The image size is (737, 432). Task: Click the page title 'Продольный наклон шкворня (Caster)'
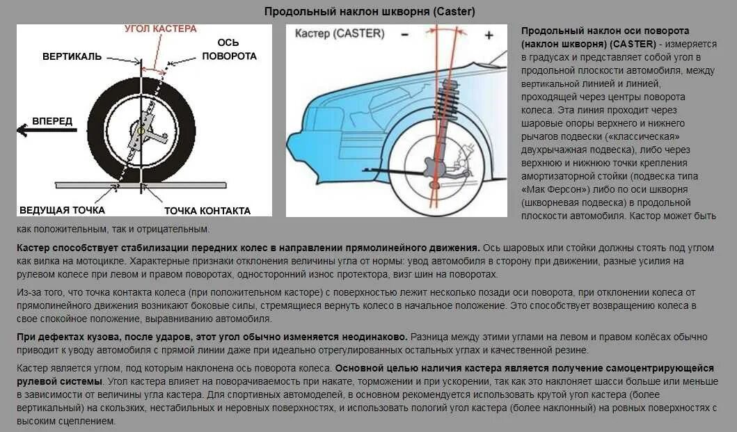click(x=370, y=12)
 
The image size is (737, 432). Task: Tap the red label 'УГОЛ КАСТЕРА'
click(x=161, y=29)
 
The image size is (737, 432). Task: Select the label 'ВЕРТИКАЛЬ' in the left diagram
click(x=71, y=56)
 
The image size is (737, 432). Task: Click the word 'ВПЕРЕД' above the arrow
click(x=52, y=121)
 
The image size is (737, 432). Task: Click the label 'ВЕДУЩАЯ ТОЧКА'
click(x=62, y=209)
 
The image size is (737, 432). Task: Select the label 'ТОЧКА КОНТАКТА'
click(x=207, y=210)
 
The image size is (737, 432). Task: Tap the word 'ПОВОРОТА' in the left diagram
click(x=230, y=56)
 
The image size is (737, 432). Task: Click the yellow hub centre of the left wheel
click(x=141, y=131)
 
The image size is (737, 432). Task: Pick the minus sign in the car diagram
click(x=404, y=34)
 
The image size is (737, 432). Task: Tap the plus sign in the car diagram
click(x=489, y=34)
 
